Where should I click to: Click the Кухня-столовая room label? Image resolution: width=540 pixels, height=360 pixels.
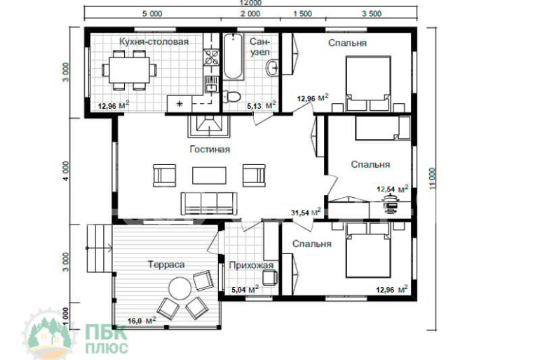coord(154,41)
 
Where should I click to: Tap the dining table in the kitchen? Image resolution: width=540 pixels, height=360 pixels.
coord(129,70)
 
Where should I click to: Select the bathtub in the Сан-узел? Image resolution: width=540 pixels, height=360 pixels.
coord(233,57)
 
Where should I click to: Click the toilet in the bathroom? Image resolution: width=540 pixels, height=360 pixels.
coord(231,97)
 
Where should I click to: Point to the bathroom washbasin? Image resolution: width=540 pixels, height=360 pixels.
coord(272,68)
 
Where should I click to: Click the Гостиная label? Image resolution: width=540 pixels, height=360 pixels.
coord(210,149)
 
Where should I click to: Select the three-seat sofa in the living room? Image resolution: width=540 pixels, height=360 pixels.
coord(209,204)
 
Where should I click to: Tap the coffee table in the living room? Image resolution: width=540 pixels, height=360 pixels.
coord(209,175)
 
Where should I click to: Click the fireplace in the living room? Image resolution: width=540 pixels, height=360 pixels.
coord(209,126)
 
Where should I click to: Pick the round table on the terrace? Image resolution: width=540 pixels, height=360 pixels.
coord(180,288)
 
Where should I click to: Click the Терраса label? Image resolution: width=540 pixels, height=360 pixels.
coord(166,265)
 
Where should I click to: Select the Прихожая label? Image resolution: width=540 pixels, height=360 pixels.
coord(251,265)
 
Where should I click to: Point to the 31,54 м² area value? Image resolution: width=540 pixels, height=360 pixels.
coord(306,212)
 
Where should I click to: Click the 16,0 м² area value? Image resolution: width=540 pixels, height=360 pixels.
coord(142,321)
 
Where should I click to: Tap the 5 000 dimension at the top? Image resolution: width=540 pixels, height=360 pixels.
coord(152,14)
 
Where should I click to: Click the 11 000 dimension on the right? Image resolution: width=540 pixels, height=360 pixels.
coord(432,178)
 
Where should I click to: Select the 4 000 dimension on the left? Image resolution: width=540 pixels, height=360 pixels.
coord(66,171)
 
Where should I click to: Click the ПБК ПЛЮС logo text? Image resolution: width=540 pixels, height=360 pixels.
coord(107,340)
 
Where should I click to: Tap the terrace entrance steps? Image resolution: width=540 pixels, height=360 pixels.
coord(99,248)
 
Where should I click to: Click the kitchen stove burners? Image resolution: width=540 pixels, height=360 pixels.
coord(211,58)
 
